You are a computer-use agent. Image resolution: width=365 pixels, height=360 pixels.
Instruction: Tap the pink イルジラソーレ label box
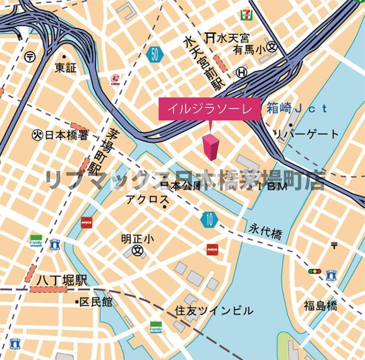[209, 109]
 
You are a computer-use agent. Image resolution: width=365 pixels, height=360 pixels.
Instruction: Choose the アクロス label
[147, 200]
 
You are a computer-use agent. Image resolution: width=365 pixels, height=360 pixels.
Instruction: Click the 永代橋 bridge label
[266, 233]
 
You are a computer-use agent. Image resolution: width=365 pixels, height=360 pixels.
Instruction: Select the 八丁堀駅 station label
[62, 280]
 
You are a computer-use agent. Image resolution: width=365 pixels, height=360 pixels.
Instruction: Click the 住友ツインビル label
[214, 311]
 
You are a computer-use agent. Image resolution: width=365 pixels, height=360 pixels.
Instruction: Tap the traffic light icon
[314, 271]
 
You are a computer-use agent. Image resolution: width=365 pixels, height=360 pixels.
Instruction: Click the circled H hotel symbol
[242, 72]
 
